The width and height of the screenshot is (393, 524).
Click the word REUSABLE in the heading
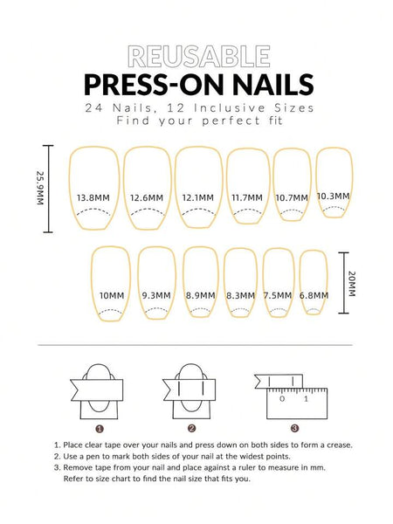pos(196,58)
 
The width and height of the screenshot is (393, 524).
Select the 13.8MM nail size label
pos(93,197)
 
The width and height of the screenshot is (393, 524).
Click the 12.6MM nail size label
pos(147,197)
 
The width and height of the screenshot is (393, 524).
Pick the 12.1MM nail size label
pos(198,197)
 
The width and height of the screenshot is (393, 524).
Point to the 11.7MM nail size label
pos(248,197)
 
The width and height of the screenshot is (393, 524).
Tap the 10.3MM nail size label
pos(333,196)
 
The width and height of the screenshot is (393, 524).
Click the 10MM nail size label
pos(111,296)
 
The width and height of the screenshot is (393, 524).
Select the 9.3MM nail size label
pos(155,296)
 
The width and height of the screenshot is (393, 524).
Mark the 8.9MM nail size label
pos(201,296)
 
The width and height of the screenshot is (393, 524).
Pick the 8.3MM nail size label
pos(239,296)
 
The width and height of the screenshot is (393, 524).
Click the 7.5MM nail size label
pos(278,296)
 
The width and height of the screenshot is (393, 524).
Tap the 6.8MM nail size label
pos(314,296)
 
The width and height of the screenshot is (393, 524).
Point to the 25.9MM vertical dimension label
pos(39,187)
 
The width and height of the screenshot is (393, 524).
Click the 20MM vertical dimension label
pos(352,283)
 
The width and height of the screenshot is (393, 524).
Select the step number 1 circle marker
pos(100,428)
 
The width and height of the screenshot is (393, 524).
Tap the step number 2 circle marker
pos(191,428)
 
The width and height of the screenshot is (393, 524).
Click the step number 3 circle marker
pos(294,428)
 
